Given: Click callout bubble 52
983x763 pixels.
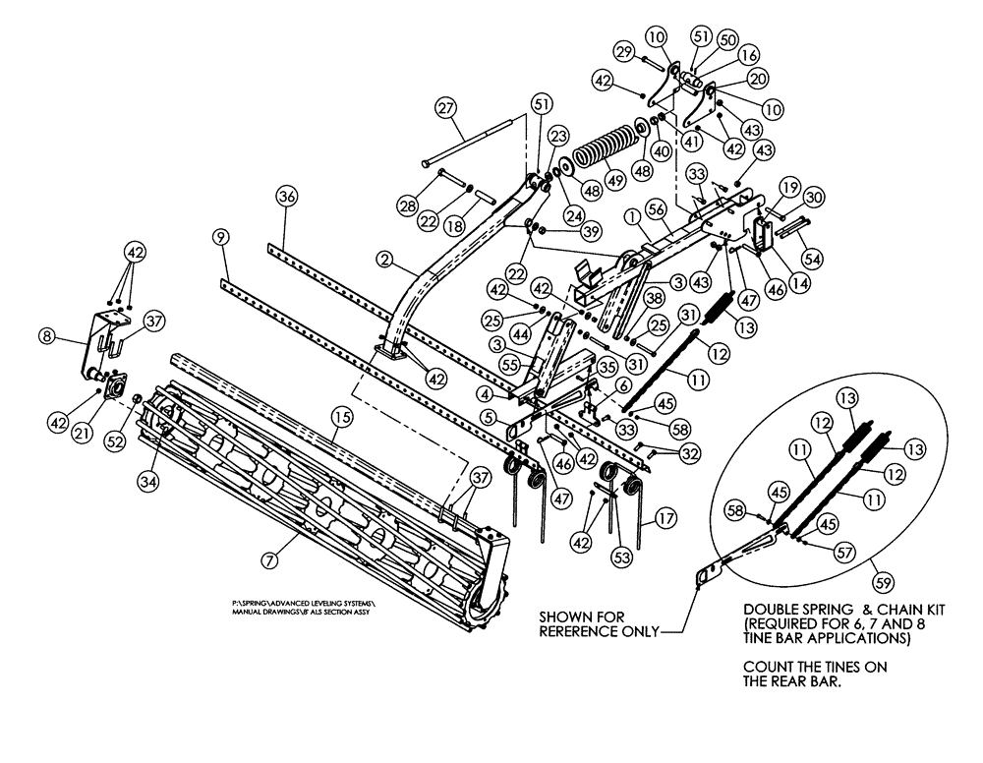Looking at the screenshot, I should tap(119, 443).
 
